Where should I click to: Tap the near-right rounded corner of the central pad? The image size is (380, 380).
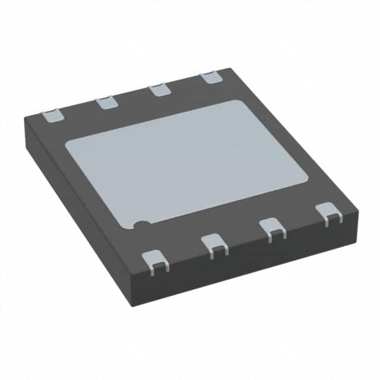pyautogui.click(x=304, y=176)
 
